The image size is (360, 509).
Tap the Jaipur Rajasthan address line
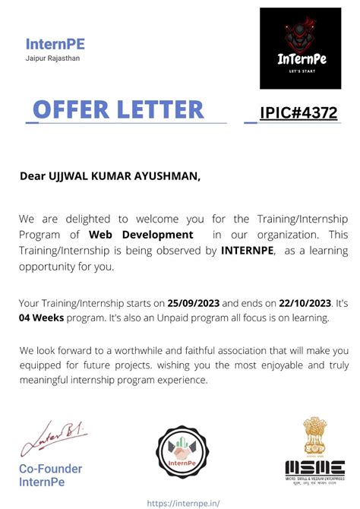[52, 58]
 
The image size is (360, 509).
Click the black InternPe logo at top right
[301, 49]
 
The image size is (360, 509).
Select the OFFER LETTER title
[118, 109]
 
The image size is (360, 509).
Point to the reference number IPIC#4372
[298, 113]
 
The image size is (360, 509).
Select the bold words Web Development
[141, 234]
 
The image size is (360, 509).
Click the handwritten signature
[52, 439]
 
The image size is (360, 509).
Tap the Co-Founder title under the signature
[50, 469]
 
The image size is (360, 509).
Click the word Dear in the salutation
[34, 177]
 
